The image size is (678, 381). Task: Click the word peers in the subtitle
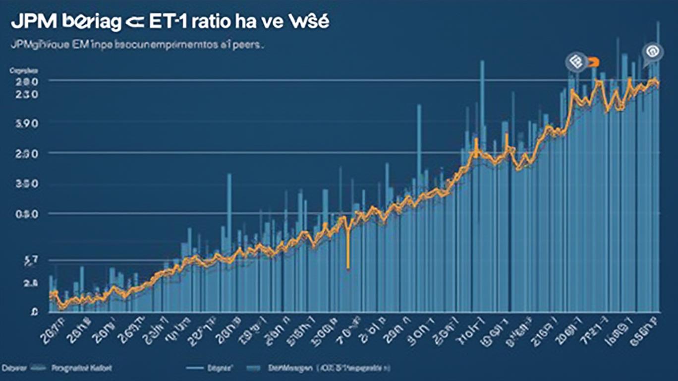(x=250, y=45)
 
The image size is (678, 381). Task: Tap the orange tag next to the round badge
(x=593, y=62)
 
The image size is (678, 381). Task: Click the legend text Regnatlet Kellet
(x=81, y=368)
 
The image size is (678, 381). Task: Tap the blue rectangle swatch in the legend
(x=254, y=369)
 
